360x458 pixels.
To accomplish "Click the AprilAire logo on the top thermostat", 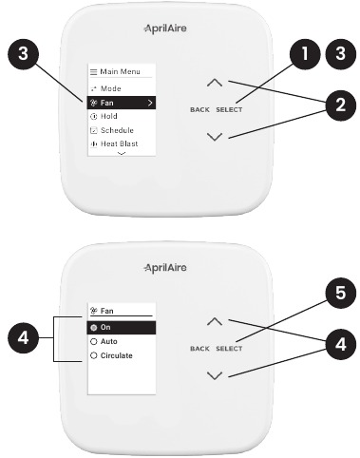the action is pyautogui.click(x=165, y=29).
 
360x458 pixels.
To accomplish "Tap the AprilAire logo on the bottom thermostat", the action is pyautogui.click(x=165, y=268).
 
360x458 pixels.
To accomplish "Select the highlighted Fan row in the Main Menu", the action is pyautogui.click(x=122, y=103).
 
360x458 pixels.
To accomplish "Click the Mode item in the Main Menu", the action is pyautogui.click(x=105, y=88).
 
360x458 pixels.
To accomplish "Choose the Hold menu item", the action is pyautogui.click(x=104, y=116).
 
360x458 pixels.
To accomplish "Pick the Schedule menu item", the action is pyautogui.click(x=112, y=130).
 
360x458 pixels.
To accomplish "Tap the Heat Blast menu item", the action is pyautogui.click(x=114, y=143).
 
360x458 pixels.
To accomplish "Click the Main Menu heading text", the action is pyautogui.click(x=120, y=71).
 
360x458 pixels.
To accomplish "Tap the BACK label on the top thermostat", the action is pyautogui.click(x=199, y=110).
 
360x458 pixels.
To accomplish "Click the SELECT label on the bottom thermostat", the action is pyautogui.click(x=229, y=349).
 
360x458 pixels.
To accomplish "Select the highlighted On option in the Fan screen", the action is pyautogui.click(x=122, y=328).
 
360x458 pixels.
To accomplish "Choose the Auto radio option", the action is pyautogui.click(x=104, y=341).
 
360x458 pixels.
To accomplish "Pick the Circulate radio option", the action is pyautogui.click(x=111, y=355).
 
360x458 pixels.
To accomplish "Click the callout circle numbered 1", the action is pyautogui.click(x=305, y=53).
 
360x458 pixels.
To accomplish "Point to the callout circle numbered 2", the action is pyautogui.click(x=341, y=105).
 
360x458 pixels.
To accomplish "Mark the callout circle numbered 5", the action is pyautogui.click(x=341, y=293).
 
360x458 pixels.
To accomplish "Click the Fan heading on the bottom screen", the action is pyautogui.click(x=102, y=311).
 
